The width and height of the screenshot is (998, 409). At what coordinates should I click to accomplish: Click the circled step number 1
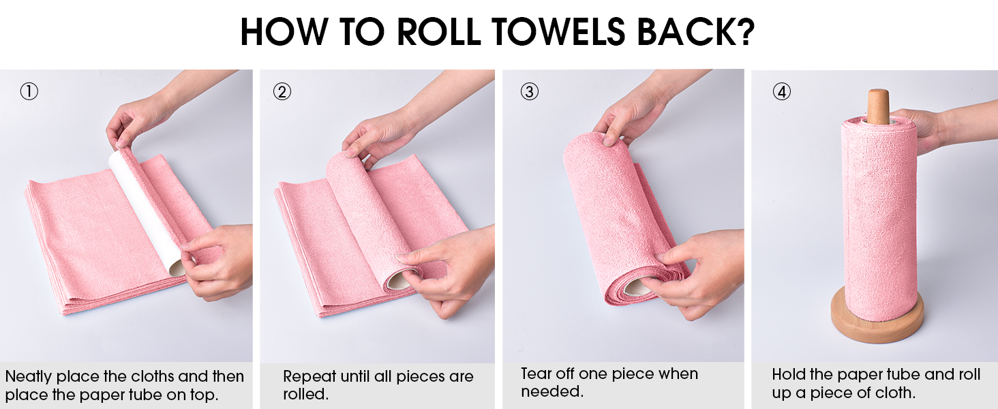click(x=29, y=91)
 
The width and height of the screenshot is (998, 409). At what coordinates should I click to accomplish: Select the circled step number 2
click(x=282, y=91)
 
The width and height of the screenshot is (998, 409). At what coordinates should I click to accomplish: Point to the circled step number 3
click(x=529, y=91)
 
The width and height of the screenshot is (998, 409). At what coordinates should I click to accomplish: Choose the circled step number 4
click(x=781, y=91)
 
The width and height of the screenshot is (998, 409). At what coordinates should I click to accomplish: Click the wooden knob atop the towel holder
click(x=878, y=106)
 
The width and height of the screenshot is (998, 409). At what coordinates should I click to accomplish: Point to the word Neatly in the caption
click(x=28, y=376)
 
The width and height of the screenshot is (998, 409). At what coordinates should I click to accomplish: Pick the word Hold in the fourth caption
click(x=787, y=374)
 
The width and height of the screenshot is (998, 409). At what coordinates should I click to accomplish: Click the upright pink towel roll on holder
click(x=878, y=218)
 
